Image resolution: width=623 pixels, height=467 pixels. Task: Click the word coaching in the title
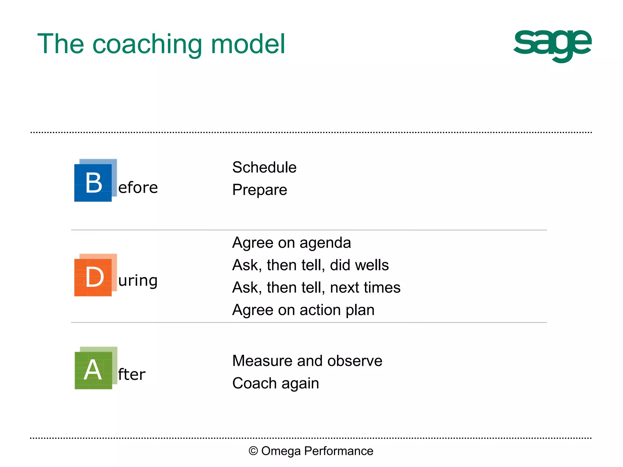click(147, 45)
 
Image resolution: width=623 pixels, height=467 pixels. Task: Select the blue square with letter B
click(93, 183)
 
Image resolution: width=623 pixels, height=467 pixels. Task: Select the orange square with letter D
click(93, 277)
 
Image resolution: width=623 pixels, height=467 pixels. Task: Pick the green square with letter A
click(93, 370)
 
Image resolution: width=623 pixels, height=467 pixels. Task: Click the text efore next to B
click(138, 188)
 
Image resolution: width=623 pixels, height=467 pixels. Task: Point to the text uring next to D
click(138, 280)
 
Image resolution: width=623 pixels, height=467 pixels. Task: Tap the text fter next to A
click(132, 374)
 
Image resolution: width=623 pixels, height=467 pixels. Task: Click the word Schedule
click(264, 167)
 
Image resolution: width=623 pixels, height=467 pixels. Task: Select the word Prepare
click(259, 190)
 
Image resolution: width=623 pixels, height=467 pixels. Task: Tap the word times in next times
click(383, 288)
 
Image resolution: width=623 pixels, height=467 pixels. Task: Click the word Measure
click(262, 361)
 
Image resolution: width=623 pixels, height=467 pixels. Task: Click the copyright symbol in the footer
click(253, 451)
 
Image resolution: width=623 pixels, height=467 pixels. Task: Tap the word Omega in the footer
click(281, 451)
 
